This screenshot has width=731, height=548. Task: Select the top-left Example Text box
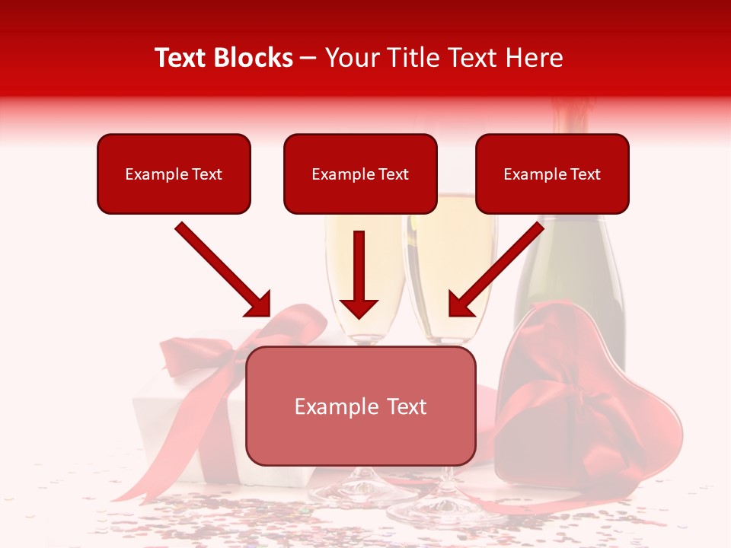(x=174, y=174)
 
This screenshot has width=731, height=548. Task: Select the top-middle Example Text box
(x=360, y=174)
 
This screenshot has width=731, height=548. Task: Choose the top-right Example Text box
(x=552, y=174)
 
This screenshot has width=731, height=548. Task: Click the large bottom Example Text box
(x=360, y=406)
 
